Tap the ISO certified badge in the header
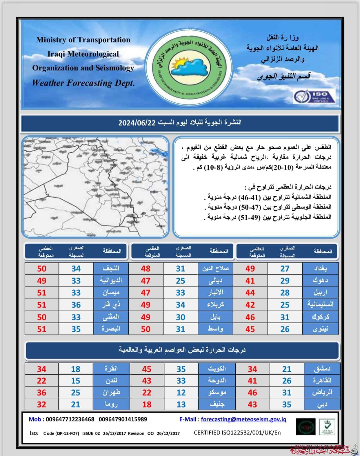[314, 96]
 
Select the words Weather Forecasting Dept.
[83, 83]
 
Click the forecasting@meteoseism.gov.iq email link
[243, 419]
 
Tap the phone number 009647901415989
[123, 419]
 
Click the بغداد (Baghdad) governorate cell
[320, 269]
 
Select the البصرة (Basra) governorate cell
[111, 329]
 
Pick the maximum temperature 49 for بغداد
[250, 269]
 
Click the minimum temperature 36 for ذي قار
[76, 305]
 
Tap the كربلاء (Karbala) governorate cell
[216, 305]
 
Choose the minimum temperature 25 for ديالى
[181, 281]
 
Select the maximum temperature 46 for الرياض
[252, 393]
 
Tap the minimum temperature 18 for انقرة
[76, 369]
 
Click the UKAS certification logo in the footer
[327, 427]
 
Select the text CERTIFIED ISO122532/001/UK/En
[237, 433]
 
